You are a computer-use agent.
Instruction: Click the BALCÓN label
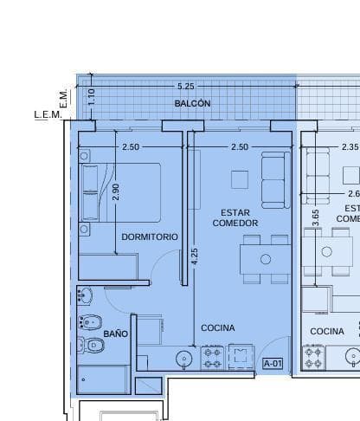(x=192, y=104)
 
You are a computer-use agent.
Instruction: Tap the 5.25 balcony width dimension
(x=185, y=87)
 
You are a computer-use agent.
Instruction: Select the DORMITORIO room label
(x=150, y=236)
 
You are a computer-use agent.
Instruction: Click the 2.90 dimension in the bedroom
(x=116, y=193)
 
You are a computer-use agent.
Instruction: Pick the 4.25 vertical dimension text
(x=194, y=257)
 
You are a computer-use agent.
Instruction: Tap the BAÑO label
(x=116, y=334)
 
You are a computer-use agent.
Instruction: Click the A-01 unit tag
(x=273, y=364)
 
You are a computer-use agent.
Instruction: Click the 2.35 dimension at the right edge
(x=350, y=147)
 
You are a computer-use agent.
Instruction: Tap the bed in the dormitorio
(x=119, y=192)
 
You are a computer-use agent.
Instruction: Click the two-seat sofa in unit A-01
(x=276, y=179)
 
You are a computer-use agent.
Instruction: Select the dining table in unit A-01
(x=266, y=258)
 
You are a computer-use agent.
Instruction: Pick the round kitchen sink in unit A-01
(x=184, y=358)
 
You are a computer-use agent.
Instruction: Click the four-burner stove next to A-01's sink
(x=213, y=357)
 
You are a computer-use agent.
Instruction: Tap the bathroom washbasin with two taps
(x=85, y=295)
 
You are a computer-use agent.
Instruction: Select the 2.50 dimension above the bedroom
(x=130, y=147)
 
